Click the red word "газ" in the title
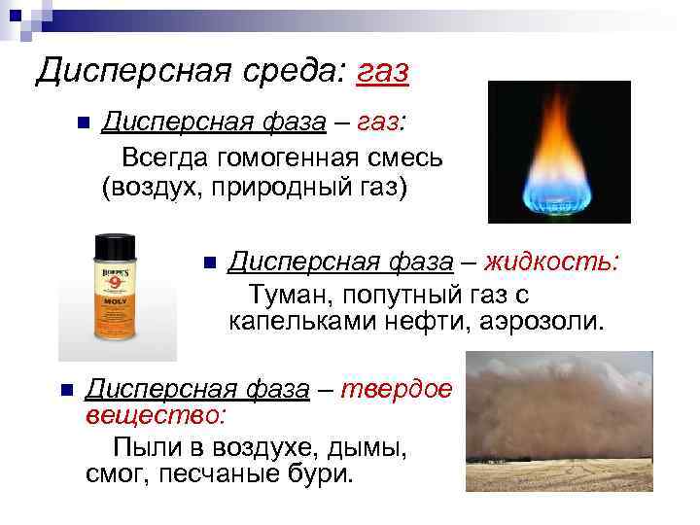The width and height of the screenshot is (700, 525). click(383, 70)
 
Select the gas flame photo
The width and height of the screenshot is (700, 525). click(558, 152)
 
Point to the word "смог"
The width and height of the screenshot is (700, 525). click(113, 475)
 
